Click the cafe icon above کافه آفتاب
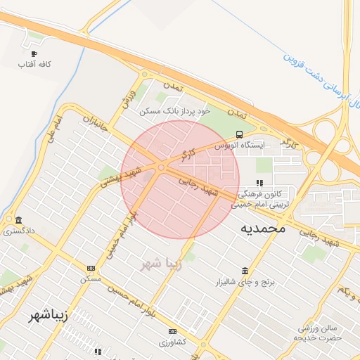point(34,53)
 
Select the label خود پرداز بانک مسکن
point(175,111)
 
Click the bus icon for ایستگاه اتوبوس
point(240,134)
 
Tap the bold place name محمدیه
point(263,228)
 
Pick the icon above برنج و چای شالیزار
point(245,271)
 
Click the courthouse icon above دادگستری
point(18,219)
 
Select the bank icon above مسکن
point(91,268)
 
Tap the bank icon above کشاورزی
point(172,331)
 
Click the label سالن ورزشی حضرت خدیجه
point(320,333)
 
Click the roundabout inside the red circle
point(161,167)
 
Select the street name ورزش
point(127,98)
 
